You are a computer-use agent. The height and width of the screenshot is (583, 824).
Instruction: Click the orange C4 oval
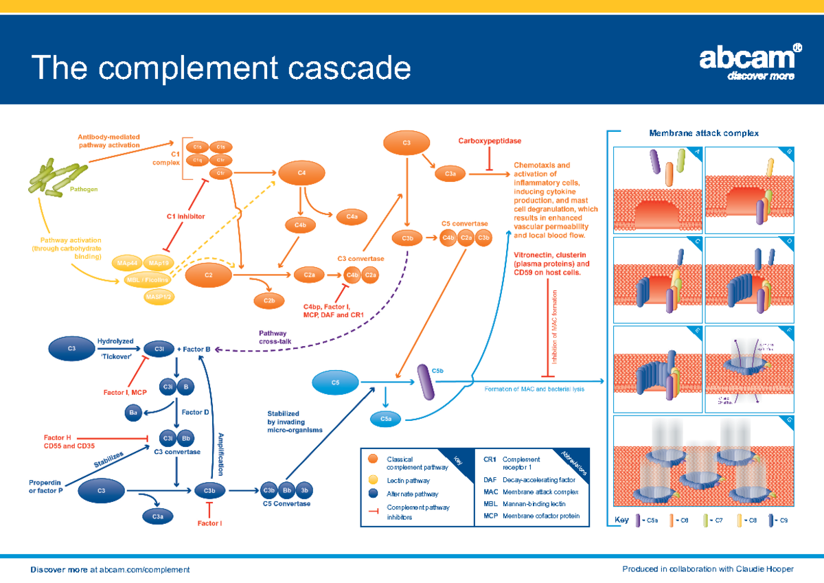point(301,173)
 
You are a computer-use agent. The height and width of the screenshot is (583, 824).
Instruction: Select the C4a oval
point(352,217)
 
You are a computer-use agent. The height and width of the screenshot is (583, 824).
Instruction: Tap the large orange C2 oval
point(208,275)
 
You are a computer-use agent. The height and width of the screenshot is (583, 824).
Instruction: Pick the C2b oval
point(269,300)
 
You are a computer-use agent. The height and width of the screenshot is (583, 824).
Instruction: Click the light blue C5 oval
point(336,382)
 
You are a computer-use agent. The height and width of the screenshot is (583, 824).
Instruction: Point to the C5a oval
point(386,419)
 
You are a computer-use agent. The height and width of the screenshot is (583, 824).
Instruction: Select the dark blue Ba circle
point(134,413)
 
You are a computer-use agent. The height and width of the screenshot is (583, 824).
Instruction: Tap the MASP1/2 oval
point(159,297)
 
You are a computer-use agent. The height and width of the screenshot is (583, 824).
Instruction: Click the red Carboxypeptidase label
point(490,141)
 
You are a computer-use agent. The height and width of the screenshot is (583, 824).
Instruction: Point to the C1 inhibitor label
point(185,216)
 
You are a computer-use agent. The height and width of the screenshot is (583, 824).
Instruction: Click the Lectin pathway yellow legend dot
point(373,479)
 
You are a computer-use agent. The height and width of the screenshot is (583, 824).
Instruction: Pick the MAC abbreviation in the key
point(490,492)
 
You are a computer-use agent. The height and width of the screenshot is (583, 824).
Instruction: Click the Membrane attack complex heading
point(704,133)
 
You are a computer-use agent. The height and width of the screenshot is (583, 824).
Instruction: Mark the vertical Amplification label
point(220,455)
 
